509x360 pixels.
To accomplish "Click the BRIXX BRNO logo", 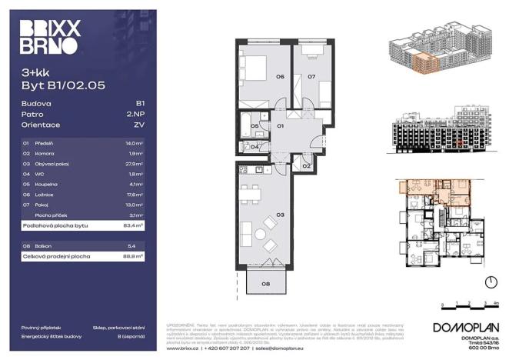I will (49, 38).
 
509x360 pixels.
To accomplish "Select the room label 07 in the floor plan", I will (312, 77).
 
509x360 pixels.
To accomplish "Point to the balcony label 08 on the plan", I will (265, 285).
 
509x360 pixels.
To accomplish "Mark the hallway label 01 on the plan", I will (281, 125).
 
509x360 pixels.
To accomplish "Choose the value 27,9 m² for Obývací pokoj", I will (135, 164).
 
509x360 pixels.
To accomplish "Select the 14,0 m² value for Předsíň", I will (135, 143).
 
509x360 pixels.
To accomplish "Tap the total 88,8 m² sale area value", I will (134, 255).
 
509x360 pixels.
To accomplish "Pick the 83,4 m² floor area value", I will (134, 227).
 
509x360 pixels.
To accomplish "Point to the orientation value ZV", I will (140, 124).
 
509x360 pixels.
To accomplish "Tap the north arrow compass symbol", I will (488, 281).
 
